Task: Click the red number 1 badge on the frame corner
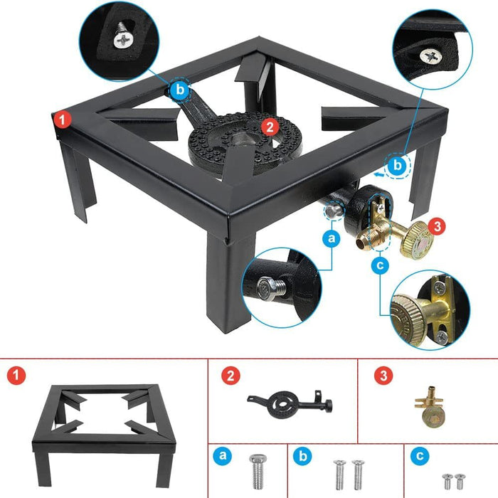tap(63, 120)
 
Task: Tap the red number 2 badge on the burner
tap(269, 127)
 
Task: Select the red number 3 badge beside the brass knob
tap(438, 227)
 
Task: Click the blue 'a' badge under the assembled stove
tap(331, 239)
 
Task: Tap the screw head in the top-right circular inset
tap(432, 55)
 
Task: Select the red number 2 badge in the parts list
tap(229, 375)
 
